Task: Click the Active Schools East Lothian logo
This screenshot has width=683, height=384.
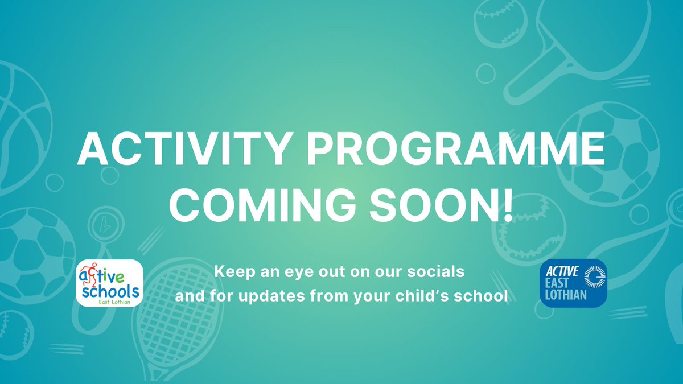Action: [x=110, y=283]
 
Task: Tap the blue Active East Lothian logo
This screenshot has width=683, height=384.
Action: [x=573, y=283]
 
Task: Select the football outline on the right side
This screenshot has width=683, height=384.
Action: [x=606, y=151]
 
